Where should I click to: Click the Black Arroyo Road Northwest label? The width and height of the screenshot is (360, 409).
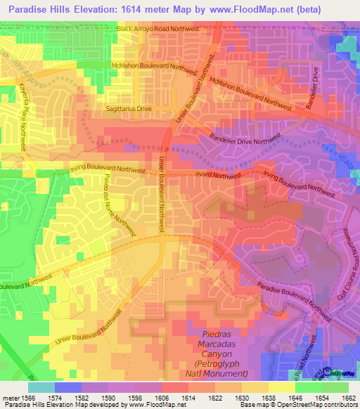[158, 29]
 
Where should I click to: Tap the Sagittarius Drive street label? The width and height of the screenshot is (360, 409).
[127, 109]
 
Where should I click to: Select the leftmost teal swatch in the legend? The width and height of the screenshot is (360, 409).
[41, 387]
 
